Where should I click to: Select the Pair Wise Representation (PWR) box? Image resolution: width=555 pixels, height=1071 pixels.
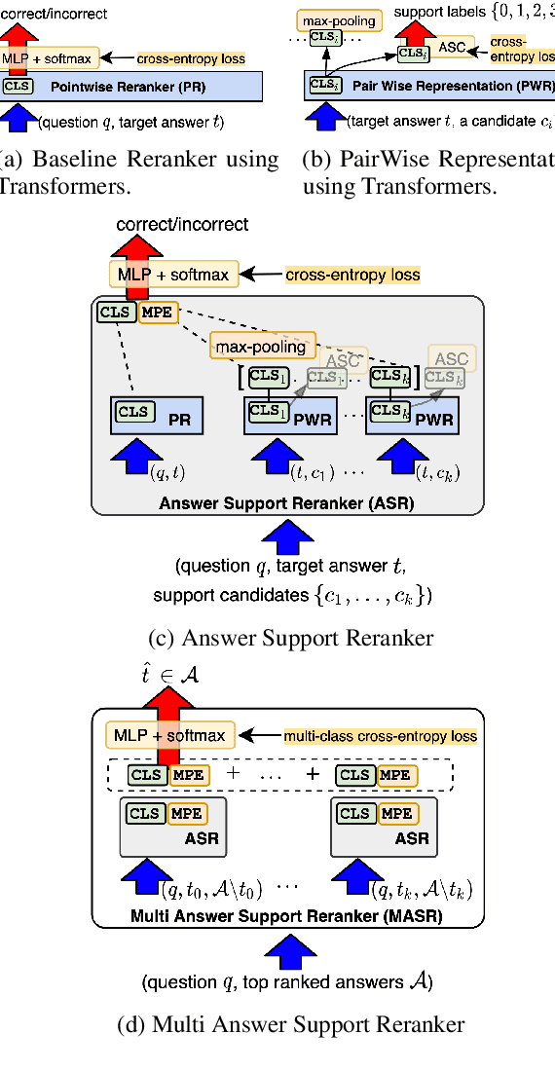pos(428,87)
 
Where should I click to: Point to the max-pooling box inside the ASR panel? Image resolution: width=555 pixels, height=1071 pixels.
pos(260,346)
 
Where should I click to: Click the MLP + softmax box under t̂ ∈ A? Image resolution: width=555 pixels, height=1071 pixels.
pos(169,735)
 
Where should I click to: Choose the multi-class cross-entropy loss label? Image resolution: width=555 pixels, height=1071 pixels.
pos(380,736)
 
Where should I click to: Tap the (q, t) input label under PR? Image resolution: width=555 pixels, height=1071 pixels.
pos(166,473)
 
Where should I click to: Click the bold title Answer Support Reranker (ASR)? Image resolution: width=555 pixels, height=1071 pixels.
pos(286,503)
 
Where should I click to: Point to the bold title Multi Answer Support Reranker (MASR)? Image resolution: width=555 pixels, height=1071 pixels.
pos(286,916)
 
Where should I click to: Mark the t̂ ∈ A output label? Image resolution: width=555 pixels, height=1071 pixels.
pos(166,674)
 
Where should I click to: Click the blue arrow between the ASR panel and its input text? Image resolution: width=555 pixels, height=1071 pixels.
pos(287,537)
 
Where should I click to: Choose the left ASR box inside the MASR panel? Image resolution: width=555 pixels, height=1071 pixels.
pos(172,826)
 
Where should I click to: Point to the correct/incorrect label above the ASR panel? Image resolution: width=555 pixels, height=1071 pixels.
pos(182,226)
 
